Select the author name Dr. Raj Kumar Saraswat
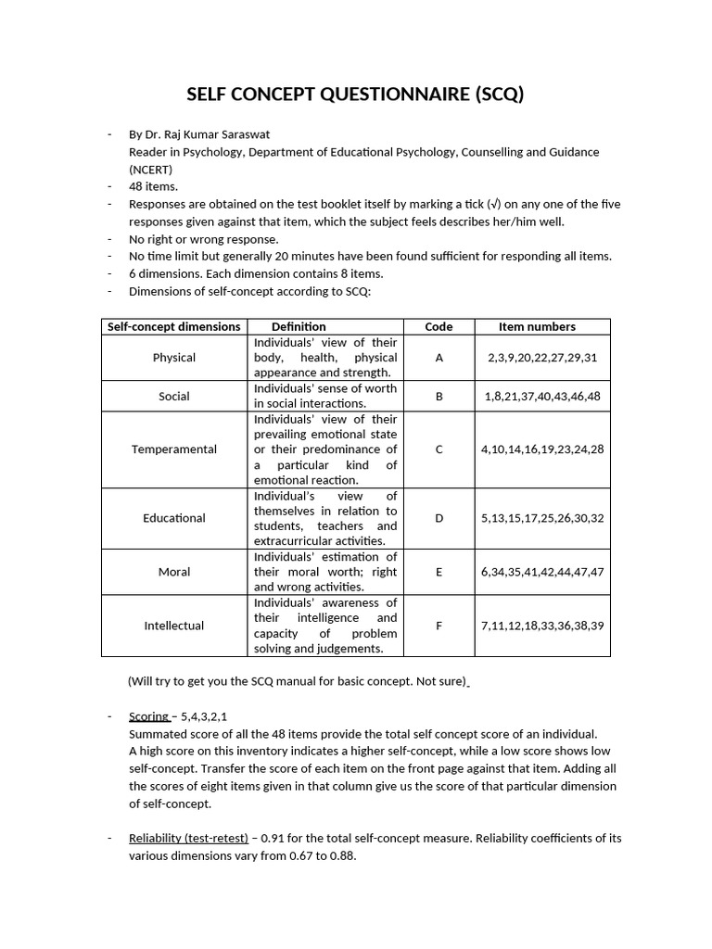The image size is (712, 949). coord(214,134)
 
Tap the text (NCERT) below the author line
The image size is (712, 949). coord(150,170)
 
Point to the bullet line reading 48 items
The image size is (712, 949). coord(153,186)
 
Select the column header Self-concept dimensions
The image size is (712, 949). coord(174,326)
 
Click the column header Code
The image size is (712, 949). coord(439,326)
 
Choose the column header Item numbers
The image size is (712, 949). coord(537,326)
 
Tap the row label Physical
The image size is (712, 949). coord(174,357)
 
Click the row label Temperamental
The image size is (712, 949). coord(174,449)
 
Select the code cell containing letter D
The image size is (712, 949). coord(439,518)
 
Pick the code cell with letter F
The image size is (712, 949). coord(439,626)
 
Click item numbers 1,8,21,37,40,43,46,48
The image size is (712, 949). coord(542,396)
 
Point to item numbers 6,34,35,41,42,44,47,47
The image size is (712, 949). coord(542,572)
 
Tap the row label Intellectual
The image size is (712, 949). coord(174,626)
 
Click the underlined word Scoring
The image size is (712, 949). coord(148,715)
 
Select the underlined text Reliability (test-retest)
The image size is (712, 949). coord(188,838)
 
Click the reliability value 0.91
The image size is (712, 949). coord(272,838)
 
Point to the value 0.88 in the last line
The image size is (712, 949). coord(342,856)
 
